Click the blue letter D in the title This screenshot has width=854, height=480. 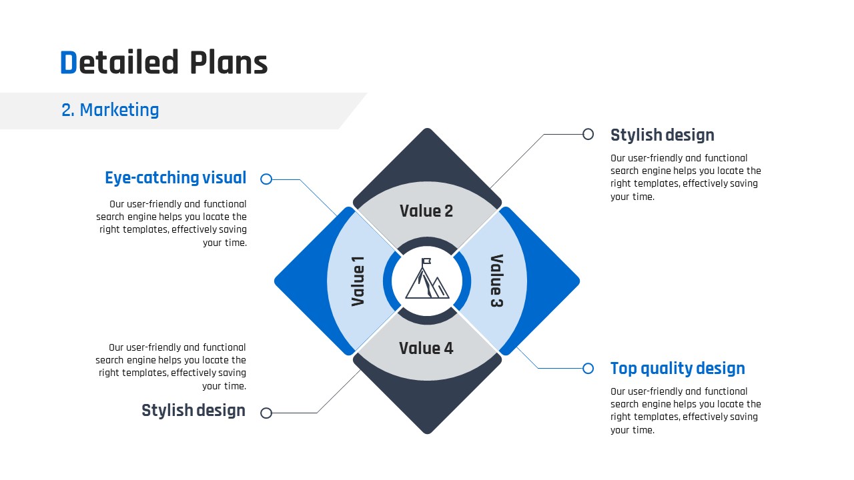[x=69, y=62]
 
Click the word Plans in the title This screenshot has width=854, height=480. [x=229, y=62]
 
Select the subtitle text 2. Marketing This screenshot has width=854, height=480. [x=110, y=110]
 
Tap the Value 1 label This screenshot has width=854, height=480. [x=358, y=281]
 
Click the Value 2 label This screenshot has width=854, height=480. [x=426, y=211]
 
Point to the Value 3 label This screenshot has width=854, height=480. [x=496, y=281]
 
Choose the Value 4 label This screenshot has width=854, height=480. [x=426, y=348]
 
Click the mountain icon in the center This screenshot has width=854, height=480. [x=427, y=279]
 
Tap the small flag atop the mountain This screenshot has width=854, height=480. [x=426, y=262]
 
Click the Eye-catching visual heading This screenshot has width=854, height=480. [x=175, y=178]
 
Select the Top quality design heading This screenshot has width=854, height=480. [x=677, y=369]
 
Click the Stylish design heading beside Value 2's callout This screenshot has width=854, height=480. [x=663, y=135]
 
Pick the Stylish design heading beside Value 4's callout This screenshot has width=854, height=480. [x=193, y=410]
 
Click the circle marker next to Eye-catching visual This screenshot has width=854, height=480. [x=266, y=179]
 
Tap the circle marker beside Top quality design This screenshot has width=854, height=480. [x=588, y=369]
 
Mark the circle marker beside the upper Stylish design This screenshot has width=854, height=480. [x=588, y=134]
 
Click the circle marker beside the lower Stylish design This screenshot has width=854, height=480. [x=266, y=413]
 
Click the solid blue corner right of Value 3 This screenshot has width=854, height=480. [x=549, y=281]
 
